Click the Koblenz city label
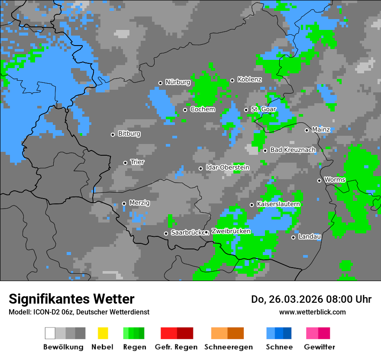pyautogui.click(x=249, y=79)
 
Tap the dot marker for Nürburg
pyautogui.click(x=160, y=83)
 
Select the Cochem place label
pyautogui.click(x=202, y=109)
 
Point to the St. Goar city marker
pyautogui.click(x=246, y=110)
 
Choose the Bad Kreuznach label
pyautogui.click(x=293, y=150)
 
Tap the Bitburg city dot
pyautogui.click(x=113, y=134)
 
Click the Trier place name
pyautogui.click(x=137, y=162)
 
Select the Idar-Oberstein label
pyautogui.click(x=227, y=168)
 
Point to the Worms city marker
pyautogui.click(x=319, y=180)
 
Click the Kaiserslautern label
pyautogui.click(x=278, y=204)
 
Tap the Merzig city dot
pyautogui.click(x=124, y=203)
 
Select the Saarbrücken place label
pyautogui.click(x=187, y=233)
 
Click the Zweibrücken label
pyautogui.click(x=231, y=232)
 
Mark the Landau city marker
pyautogui.click(x=293, y=237)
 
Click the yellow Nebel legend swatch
pyautogui.click(x=103, y=333)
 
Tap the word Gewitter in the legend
pyautogui.click(x=319, y=347)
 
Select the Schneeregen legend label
pyautogui.click(x=228, y=347)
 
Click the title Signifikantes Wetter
pyautogui.click(x=71, y=299)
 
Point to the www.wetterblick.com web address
pyautogui.click(x=312, y=312)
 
